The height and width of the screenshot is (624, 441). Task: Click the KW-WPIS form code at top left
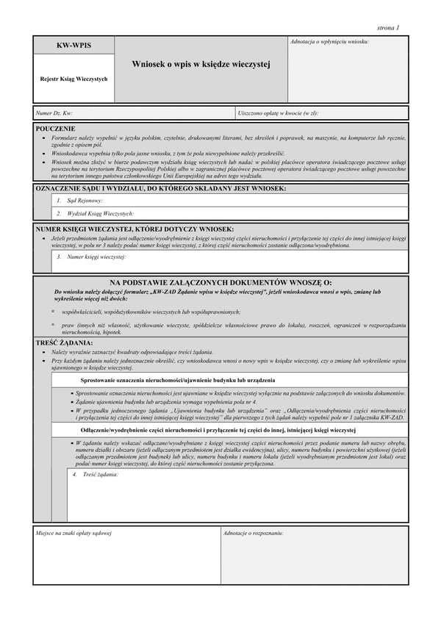click(73, 46)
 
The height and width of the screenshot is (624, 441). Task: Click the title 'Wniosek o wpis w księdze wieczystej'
click(201, 65)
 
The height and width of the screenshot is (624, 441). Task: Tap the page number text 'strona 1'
click(387, 28)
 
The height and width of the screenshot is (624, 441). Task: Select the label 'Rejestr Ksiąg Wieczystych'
click(73, 79)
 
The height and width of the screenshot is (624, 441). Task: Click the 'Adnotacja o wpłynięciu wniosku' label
click(330, 42)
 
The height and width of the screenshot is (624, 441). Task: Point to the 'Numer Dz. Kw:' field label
click(54, 113)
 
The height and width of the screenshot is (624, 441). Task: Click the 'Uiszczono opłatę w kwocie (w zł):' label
click(278, 113)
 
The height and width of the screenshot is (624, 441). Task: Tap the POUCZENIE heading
click(55, 128)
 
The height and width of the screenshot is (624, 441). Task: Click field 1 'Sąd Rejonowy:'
click(84, 200)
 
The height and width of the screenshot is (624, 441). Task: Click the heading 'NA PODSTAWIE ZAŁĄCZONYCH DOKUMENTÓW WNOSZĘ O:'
click(220, 282)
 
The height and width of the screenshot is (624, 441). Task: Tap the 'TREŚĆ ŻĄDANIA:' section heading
click(65, 343)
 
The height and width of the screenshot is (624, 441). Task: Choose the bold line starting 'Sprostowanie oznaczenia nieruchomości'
click(178, 380)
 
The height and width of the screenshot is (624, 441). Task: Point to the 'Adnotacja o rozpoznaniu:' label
click(253, 531)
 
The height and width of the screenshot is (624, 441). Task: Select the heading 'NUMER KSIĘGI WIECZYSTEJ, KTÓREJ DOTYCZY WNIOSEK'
click(135, 229)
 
